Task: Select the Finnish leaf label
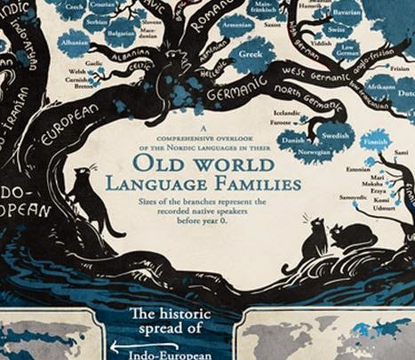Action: tap(376, 140)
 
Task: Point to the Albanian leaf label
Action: tap(76, 42)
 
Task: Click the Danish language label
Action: tap(291, 140)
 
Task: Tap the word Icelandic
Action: tap(289, 114)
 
